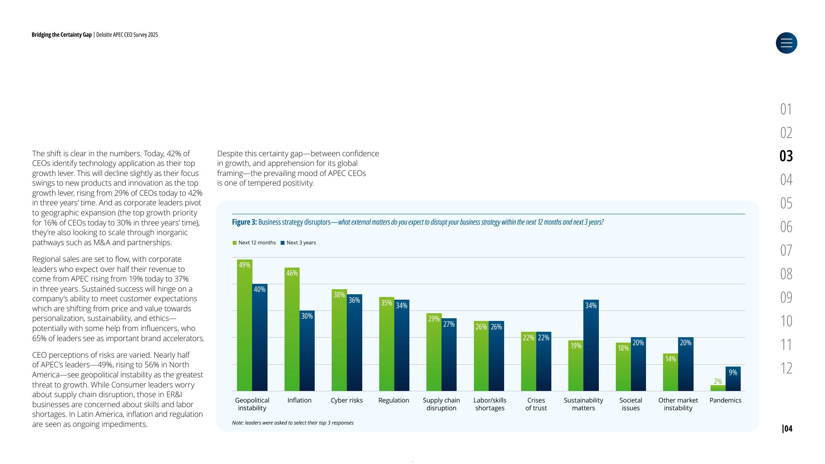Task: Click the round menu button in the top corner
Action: pyautogui.click(x=786, y=43)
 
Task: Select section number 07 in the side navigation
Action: pyautogui.click(x=786, y=250)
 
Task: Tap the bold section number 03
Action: pyautogui.click(x=786, y=156)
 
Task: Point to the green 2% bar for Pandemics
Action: pyautogui.click(x=718, y=388)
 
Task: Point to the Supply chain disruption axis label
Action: pyautogui.click(x=441, y=404)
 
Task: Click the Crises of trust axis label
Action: pyautogui.click(x=536, y=404)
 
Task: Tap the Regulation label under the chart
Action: pyautogui.click(x=394, y=400)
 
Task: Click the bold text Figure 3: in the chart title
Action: pyautogui.click(x=244, y=222)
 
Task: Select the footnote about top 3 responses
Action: pyautogui.click(x=293, y=423)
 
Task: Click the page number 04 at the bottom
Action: pyautogui.click(x=787, y=428)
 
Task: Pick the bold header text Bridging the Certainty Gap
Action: pyautogui.click(x=61, y=35)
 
